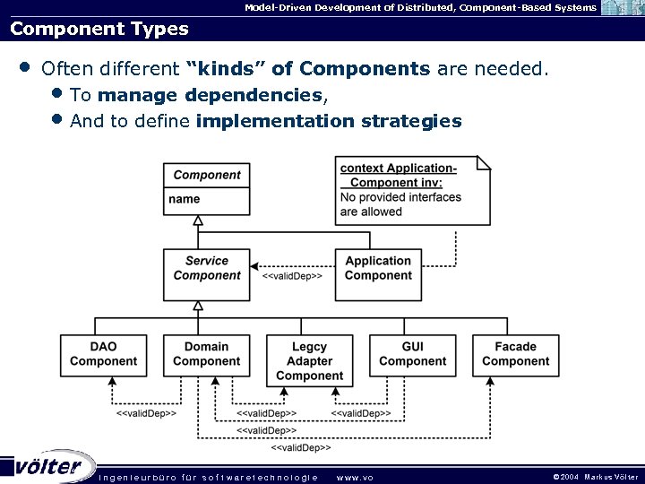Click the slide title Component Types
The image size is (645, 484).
click(99, 29)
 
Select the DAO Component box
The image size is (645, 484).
click(103, 354)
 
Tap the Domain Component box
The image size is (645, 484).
click(206, 354)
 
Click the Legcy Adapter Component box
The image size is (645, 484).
click(309, 361)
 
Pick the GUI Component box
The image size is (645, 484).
click(412, 354)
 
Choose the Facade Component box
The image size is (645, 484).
click(515, 354)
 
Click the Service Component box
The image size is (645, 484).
click(207, 268)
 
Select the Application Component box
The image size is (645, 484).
click(377, 268)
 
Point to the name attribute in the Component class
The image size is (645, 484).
click(185, 199)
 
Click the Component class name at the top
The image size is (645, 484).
click(207, 175)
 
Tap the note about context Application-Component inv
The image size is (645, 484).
click(412, 190)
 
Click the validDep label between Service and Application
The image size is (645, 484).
click(292, 276)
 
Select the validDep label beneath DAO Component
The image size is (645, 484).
click(146, 413)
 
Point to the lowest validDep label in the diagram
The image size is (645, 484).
click(301, 446)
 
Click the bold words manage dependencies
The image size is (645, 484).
click(210, 95)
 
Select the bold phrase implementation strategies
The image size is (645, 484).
click(328, 121)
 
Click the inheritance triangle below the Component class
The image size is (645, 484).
click(198, 220)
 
